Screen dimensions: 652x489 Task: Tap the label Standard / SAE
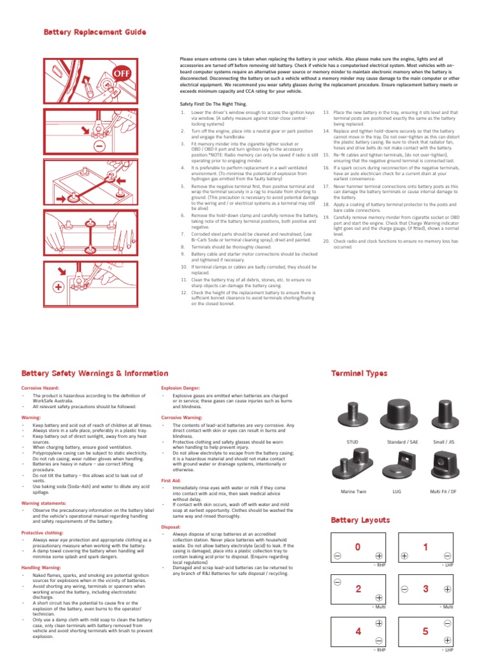click(x=402, y=441)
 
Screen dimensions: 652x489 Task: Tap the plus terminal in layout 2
click(x=379, y=597)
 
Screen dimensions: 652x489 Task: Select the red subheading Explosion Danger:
click(x=181, y=387)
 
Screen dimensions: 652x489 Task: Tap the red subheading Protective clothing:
click(x=42, y=532)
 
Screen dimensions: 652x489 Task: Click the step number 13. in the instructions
click(x=327, y=111)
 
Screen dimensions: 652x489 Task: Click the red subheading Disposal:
click(x=172, y=527)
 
